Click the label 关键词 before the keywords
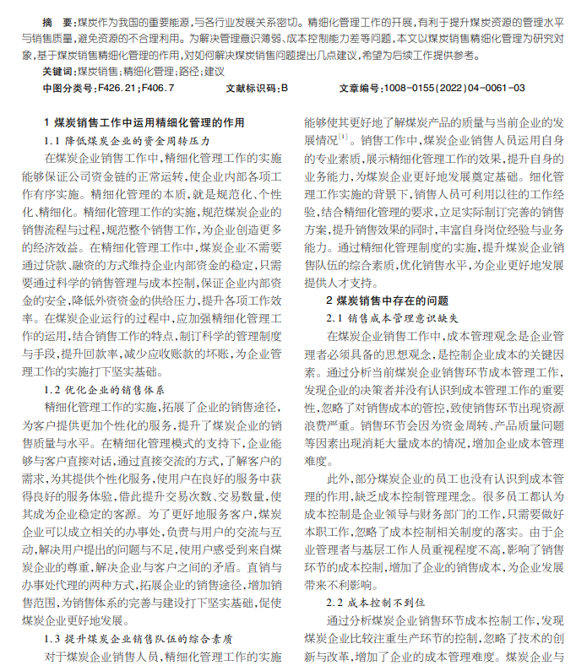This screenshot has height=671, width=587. (57, 72)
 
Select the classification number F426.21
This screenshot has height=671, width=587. (120, 87)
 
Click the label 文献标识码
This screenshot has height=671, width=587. (250, 87)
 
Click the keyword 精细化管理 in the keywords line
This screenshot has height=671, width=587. (152, 72)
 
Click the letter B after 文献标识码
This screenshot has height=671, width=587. (285, 87)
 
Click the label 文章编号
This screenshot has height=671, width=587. (360, 87)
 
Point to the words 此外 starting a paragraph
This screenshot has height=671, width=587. (337, 478)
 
